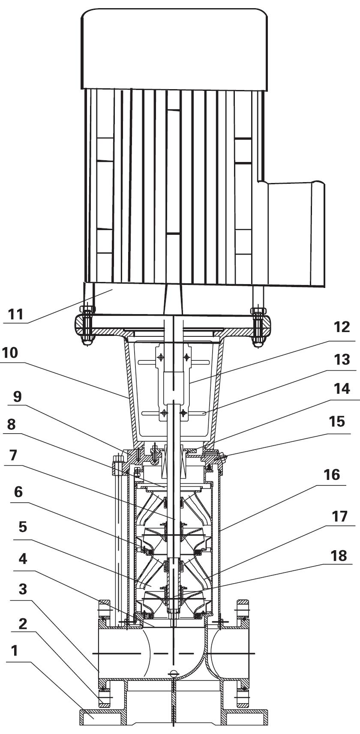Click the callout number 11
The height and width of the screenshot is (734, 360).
click(x=16, y=314)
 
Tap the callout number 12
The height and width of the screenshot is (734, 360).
click(x=342, y=327)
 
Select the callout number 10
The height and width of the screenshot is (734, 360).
click(x=10, y=353)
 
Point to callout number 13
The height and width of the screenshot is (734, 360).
click(x=342, y=360)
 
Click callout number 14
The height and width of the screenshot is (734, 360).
click(x=342, y=389)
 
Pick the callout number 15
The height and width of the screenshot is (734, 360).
click(x=337, y=421)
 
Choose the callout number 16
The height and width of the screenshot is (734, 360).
click(x=332, y=475)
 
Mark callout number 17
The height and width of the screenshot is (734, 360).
click(x=339, y=517)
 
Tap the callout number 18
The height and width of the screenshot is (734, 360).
click(x=339, y=556)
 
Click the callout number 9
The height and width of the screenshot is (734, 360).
click(x=18, y=397)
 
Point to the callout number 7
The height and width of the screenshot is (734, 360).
click(x=13, y=455)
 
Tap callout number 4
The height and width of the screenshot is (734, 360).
click(x=23, y=559)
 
